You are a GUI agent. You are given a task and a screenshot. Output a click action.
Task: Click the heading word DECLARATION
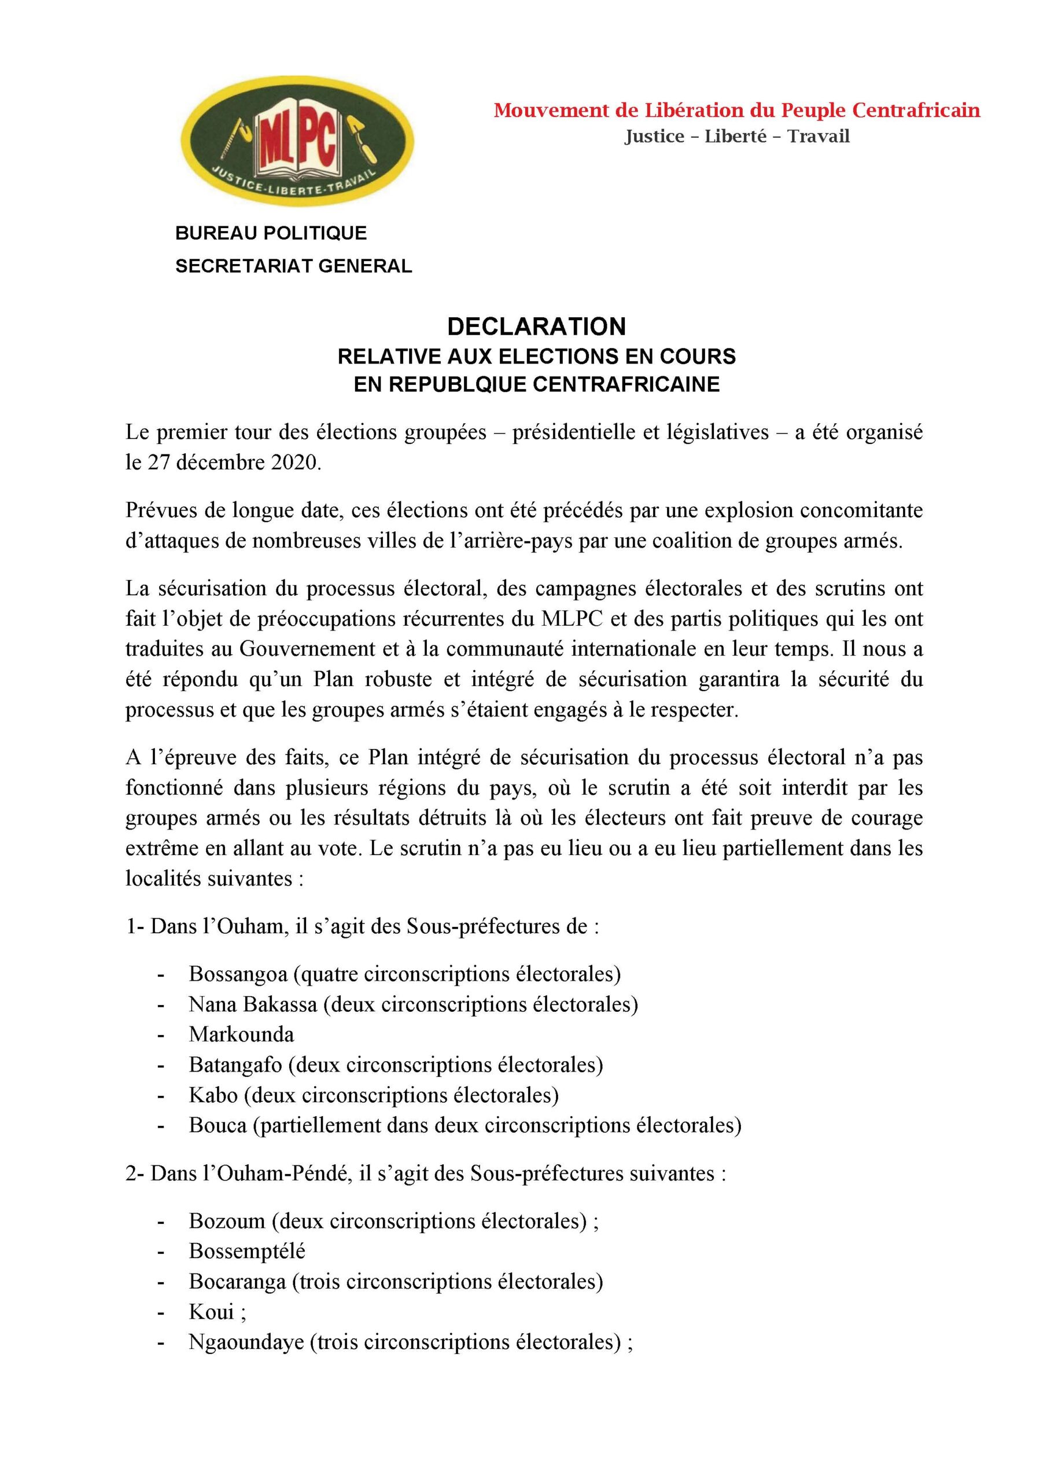[536, 327]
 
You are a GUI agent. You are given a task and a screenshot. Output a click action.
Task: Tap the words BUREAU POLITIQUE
[271, 233]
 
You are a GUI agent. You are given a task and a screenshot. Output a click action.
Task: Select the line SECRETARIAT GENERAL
[293, 266]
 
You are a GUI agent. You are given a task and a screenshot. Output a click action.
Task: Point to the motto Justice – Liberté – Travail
[737, 136]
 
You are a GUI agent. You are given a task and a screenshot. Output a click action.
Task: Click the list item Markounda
[241, 1034]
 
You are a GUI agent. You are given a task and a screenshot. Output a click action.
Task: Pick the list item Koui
[211, 1312]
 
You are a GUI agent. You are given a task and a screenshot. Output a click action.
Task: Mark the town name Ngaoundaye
[246, 1342]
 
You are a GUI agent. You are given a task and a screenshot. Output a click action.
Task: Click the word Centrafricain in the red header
[916, 111]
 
